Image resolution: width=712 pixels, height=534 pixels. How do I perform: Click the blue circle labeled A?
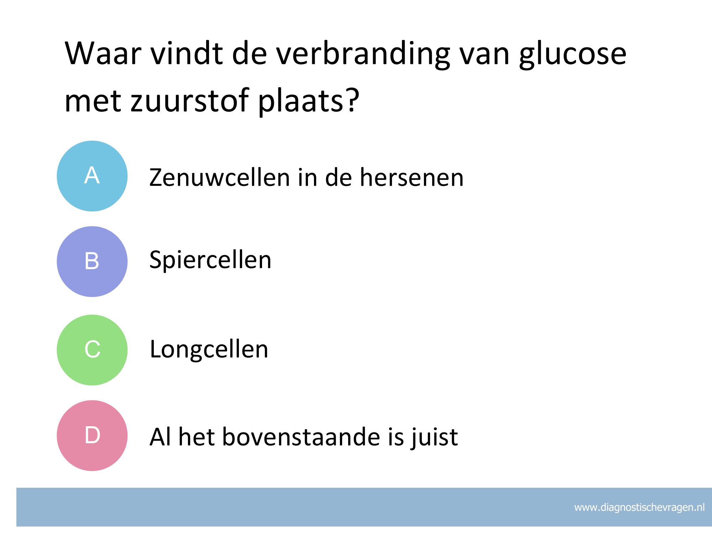coord(92,176)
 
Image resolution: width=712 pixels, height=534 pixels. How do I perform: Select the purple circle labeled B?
coord(92,262)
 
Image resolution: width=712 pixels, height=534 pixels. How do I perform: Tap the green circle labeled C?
coord(92,350)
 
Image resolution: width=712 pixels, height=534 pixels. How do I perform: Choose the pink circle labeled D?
coord(92,435)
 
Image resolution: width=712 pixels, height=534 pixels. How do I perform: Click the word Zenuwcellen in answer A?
coord(220,177)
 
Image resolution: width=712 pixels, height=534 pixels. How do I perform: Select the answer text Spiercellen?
coord(210,260)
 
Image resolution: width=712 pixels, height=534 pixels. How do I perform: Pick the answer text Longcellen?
coord(209,349)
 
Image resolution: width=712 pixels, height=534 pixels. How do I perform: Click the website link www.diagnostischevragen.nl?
coord(639,507)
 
